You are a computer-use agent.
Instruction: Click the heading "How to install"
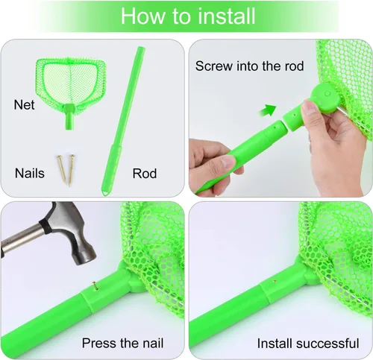coord(188,16)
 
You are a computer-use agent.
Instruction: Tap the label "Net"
coord(24,105)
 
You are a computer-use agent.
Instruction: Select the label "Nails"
coord(30,173)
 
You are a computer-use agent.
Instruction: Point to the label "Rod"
coord(145,174)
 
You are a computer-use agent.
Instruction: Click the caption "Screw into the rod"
coord(249,66)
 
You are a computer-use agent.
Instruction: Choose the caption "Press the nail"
coord(122,344)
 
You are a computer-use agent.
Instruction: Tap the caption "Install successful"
coord(308,344)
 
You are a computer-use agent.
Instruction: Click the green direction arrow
coord(268,110)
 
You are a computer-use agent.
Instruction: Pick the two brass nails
coord(66,169)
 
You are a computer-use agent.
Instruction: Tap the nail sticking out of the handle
coord(95,285)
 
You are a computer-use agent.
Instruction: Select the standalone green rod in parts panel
coord(123,120)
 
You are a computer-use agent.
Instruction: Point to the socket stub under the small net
coord(70,117)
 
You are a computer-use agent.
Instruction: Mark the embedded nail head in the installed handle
coord(275,281)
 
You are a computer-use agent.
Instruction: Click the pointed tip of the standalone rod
coord(105,194)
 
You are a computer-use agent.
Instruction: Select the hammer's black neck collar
coord(46,224)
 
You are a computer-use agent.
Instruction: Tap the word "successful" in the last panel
coord(327,344)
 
